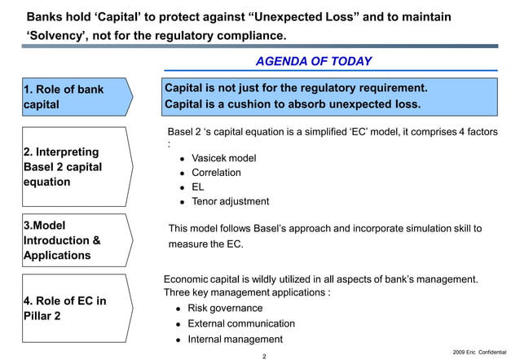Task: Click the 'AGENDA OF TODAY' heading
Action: pos(313,61)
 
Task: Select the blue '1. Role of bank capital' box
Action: pos(73,97)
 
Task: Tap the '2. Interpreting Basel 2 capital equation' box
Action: pos(73,167)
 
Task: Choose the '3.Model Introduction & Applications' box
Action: pos(73,240)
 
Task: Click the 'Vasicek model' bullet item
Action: pos(223,158)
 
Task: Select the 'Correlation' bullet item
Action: pos(216,173)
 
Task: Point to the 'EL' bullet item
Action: pos(198,187)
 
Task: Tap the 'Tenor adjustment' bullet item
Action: pos(230,201)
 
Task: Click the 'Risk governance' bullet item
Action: pos(225,308)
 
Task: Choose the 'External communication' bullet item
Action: pos(241,323)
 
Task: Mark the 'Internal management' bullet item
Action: pos(235,339)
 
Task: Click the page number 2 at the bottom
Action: pos(264,355)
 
